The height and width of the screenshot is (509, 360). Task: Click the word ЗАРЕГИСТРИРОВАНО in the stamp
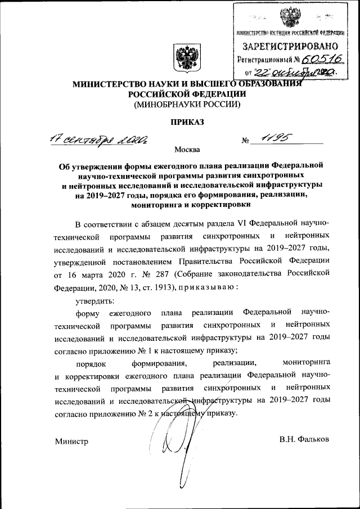pos(290,45)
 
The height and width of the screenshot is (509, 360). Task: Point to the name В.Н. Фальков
pos(304,438)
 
